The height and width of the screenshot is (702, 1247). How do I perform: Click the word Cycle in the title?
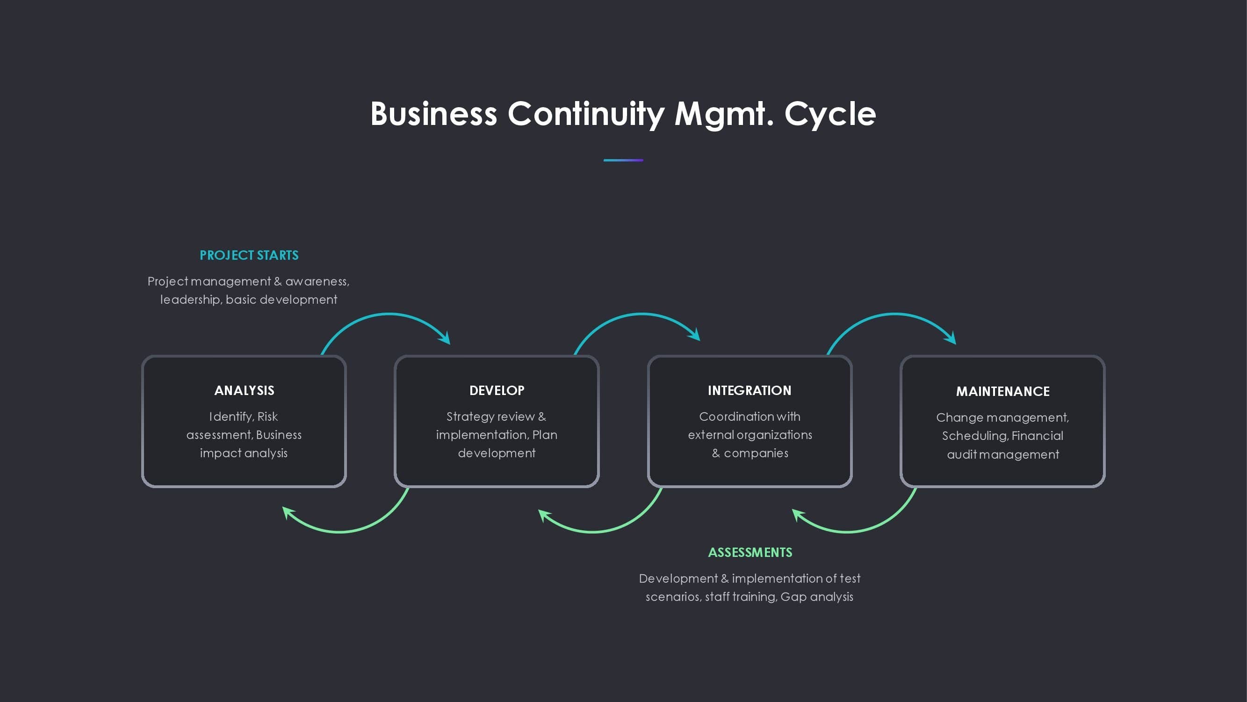click(830, 114)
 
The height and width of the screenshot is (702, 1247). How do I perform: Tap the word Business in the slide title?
click(433, 114)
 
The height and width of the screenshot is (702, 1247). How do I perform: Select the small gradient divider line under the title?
click(623, 160)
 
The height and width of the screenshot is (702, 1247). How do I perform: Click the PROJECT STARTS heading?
click(249, 256)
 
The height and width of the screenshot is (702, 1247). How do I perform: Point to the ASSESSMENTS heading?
click(750, 552)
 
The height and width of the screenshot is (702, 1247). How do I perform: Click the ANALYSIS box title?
click(244, 390)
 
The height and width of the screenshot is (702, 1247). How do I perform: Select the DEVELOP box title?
click(497, 390)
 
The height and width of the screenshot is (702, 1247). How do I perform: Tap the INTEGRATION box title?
click(750, 390)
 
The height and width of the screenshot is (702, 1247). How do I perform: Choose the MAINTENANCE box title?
click(1002, 391)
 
